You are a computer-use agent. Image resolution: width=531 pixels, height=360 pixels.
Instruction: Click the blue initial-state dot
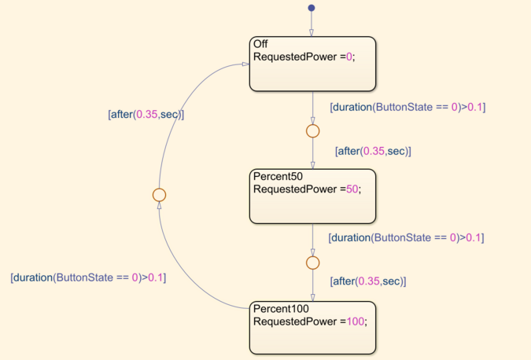point(312,8)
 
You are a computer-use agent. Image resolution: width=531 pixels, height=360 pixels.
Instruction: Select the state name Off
point(260,44)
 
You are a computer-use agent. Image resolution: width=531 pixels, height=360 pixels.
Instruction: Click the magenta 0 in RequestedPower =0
point(349,57)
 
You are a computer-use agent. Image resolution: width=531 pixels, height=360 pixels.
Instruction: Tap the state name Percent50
point(278,176)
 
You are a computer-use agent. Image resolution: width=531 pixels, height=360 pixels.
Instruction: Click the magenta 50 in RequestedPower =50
point(352,189)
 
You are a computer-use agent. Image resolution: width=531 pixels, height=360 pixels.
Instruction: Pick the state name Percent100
point(281,309)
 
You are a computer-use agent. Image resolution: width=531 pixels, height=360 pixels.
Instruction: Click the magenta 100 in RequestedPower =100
point(356,321)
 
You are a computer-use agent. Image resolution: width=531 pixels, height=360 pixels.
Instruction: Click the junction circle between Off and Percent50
point(312,131)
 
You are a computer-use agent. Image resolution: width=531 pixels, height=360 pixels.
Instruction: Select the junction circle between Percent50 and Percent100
point(312,263)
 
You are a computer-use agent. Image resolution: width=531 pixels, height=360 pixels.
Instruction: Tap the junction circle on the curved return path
point(159,195)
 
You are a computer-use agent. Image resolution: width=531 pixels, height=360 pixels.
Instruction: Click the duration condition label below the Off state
point(407,107)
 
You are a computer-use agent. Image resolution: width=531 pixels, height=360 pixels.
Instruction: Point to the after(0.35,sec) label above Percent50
point(373,151)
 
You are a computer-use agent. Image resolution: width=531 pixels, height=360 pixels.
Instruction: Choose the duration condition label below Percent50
point(406,237)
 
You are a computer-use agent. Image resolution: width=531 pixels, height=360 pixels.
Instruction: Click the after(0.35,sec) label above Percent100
point(368,281)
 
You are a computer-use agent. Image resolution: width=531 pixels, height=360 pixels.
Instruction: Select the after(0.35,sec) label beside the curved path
point(146,114)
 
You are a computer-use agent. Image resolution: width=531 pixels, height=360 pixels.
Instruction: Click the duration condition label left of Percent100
point(88,277)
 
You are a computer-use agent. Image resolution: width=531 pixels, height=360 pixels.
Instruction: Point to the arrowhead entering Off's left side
point(246,64)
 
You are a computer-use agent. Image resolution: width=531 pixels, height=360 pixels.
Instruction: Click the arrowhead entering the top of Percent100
point(312,297)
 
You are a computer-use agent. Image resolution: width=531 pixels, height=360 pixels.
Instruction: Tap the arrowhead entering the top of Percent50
point(312,165)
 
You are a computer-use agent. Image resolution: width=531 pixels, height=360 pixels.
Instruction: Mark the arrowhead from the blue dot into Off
point(312,33)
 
